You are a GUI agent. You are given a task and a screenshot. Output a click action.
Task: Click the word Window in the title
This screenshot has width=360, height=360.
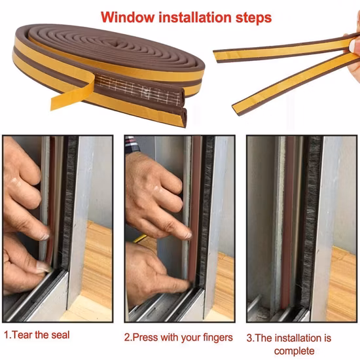pyautogui.click(x=128, y=17)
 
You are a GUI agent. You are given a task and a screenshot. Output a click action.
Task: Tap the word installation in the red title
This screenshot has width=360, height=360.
pyautogui.click(x=195, y=17)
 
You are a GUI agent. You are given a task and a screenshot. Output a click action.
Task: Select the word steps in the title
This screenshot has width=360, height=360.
pyautogui.click(x=253, y=18)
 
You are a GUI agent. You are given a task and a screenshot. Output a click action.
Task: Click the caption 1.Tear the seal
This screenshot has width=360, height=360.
pyautogui.click(x=37, y=335)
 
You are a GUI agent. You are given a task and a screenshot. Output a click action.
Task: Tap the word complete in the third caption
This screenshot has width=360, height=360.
pyautogui.click(x=294, y=351)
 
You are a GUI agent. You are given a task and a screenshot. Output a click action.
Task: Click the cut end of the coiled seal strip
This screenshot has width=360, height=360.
pyautogui.click(x=183, y=107)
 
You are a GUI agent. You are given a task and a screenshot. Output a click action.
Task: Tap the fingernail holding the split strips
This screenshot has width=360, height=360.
pyautogui.click(x=353, y=46)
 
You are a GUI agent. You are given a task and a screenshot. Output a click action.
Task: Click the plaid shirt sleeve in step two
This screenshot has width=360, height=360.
pyautogui.click(x=132, y=143)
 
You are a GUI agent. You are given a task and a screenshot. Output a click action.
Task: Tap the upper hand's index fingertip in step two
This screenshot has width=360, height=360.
pyautogui.click(x=187, y=235)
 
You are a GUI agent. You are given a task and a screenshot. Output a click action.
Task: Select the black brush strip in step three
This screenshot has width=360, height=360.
pyautogui.click(x=310, y=221)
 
